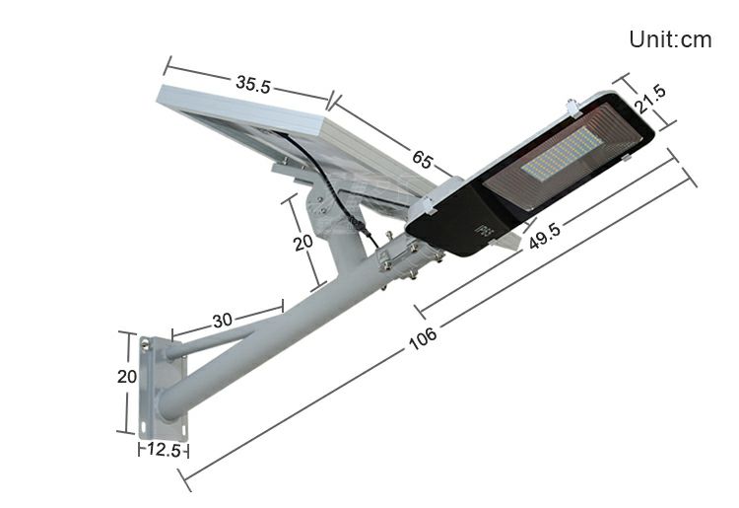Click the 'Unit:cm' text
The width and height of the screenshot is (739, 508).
[670, 39]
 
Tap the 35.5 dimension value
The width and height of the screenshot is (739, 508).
[252, 84]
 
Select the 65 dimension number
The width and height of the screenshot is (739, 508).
[422, 159]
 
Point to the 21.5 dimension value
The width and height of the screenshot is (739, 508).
[650, 100]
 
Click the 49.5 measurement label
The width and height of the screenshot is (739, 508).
[544, 236]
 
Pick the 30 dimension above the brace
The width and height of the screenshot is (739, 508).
[222, 320]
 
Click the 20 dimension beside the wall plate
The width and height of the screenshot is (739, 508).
[126, 376]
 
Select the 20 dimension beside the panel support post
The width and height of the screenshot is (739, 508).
[303, 242]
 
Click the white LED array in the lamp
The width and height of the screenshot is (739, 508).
[562, 153]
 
